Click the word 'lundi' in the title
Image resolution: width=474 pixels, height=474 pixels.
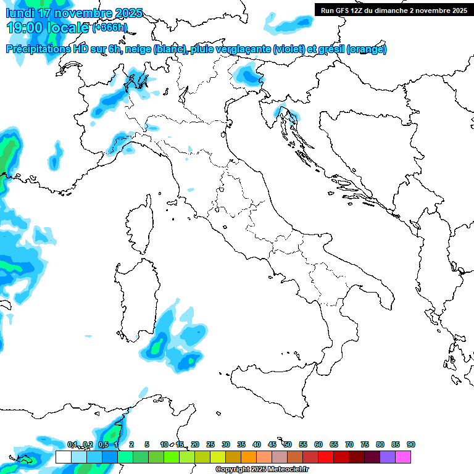tap(20, 13)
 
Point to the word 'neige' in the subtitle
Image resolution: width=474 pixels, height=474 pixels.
tap(139, 49)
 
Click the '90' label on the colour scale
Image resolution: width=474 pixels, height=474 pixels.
tap(410, 444)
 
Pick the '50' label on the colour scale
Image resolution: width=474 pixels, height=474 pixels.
tap(288, 444)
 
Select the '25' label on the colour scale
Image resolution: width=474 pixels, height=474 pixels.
tap(210, 444)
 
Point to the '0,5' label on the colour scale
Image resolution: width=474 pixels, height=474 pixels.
tap(103, 444)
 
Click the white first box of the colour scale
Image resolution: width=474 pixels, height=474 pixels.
tap(63, 457)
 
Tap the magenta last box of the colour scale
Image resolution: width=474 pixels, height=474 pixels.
tap(403, 457)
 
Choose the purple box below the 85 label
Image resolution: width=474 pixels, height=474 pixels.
tap(388, 457)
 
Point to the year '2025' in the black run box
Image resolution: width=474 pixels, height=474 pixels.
tap(457, 10)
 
